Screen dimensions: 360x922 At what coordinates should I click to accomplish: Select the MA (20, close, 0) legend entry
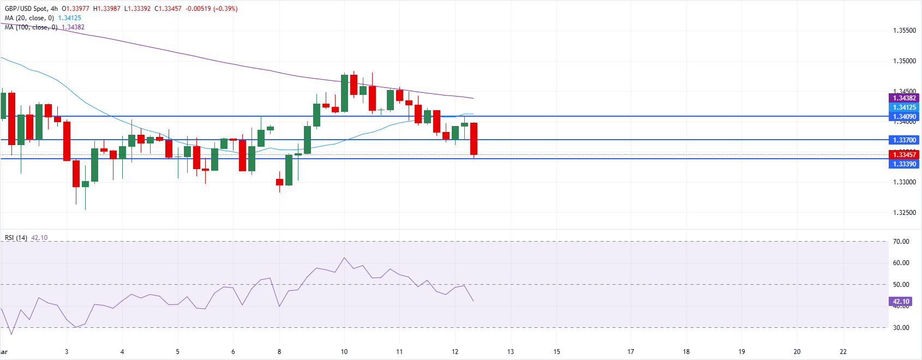point(29,18)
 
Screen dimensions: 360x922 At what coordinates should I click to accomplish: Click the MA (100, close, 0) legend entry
point(31,27)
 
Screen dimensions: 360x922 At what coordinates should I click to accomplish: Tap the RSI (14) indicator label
point(16,238)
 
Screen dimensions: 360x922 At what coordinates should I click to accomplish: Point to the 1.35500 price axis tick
point(904,31)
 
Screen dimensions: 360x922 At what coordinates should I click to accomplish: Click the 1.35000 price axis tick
point(904,61)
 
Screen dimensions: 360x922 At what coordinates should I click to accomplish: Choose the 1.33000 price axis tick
point(904,182)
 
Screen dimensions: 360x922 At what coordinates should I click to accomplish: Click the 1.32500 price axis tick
point(904,213)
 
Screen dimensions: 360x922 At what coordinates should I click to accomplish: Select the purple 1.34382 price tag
point(904,98)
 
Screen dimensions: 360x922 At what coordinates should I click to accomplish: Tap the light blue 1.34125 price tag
point(904,107)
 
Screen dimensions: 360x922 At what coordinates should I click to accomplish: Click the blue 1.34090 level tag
point(904,117)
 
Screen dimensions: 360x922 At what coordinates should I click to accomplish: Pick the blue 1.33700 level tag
point(904,140)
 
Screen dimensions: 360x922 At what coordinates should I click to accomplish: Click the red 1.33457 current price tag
point(904,155)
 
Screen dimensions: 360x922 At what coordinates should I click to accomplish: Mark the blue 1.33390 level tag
point(904,164)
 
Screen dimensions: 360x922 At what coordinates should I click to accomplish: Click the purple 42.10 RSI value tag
point(901,302)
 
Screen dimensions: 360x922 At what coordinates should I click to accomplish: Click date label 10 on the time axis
point(344,352)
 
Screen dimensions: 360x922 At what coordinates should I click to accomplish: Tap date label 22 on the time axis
point(843,352)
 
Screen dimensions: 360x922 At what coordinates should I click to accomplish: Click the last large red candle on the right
point(474,139)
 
